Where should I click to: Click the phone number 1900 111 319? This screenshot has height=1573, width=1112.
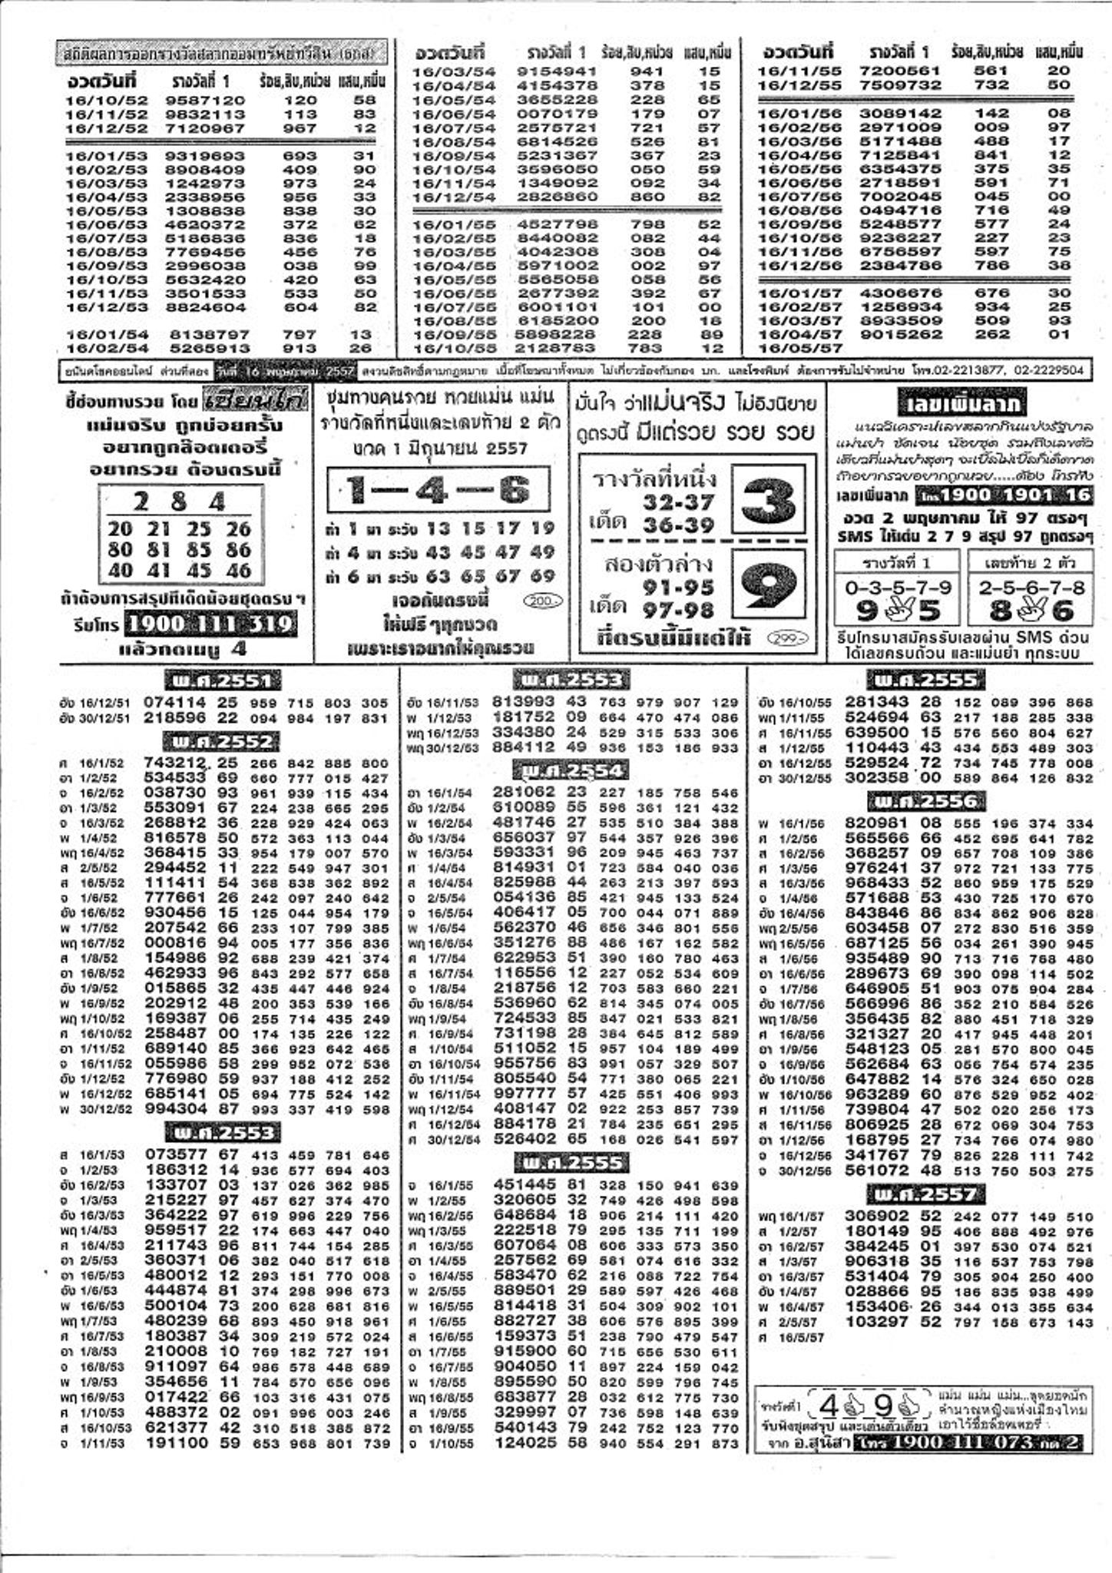(x=210, y=624)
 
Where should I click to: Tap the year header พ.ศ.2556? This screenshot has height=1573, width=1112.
(x=927, y=802)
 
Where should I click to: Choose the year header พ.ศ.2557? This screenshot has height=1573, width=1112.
(x=926, y=1194)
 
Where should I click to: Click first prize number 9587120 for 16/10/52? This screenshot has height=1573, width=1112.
(x=205, y=100)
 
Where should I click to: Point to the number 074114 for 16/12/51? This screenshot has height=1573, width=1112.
(x=175, y=702)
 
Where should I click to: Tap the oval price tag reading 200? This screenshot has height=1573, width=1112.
(x=542, y=601)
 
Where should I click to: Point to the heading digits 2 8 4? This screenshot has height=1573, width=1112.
(x=179, y=502)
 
